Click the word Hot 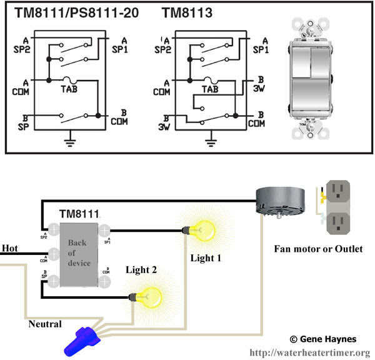coord(11,248)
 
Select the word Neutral coord(45,324)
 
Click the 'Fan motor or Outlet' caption coord(319,249)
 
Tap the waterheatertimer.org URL coord(310,352)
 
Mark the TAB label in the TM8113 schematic coord(209,89)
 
